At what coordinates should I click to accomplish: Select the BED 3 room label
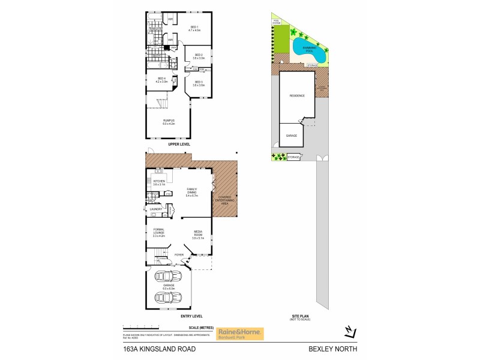click(x=199, y=83)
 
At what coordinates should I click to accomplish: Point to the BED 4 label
click(x=162, y=79)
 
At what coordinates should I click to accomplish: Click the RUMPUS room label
click(x=169, y=122)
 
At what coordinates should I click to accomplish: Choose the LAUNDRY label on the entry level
click(x=156, y=209)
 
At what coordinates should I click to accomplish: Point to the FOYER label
click(x=179, y=254)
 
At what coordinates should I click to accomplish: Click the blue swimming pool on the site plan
click(x=310, y=51)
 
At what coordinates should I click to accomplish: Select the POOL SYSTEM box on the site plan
click(x=277, y=22)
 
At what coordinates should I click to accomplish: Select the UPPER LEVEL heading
click(x=179, y=145)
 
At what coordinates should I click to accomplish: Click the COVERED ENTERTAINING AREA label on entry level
click(x=225, y=200)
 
